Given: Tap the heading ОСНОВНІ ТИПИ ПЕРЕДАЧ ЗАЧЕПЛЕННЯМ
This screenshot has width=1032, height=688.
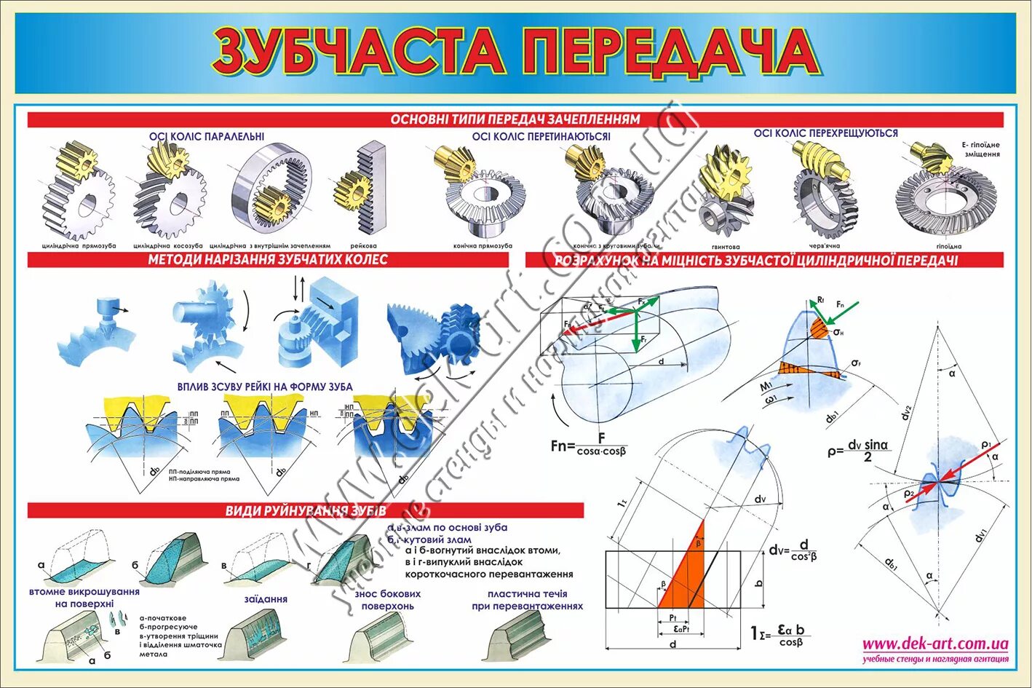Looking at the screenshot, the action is tap(515, 119).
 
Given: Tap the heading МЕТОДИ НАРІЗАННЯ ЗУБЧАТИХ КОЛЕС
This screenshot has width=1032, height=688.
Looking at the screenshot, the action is tap(268, 260).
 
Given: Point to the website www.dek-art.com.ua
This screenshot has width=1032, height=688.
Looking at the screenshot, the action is tap(935, 644).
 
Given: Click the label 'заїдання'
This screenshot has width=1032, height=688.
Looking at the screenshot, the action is tap(266, 599).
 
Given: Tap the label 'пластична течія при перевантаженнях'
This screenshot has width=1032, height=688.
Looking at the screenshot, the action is tap(527, 600).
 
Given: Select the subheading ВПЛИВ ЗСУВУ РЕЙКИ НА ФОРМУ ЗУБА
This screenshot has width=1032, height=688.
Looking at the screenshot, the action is tap(265, 387).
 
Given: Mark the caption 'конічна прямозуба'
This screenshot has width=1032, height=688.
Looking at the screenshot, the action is tap(482, 246).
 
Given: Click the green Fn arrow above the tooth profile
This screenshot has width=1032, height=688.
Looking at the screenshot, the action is tap(846, 309).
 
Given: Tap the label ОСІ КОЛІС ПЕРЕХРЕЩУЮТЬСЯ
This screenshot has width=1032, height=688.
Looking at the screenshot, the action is tap(825, 133).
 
